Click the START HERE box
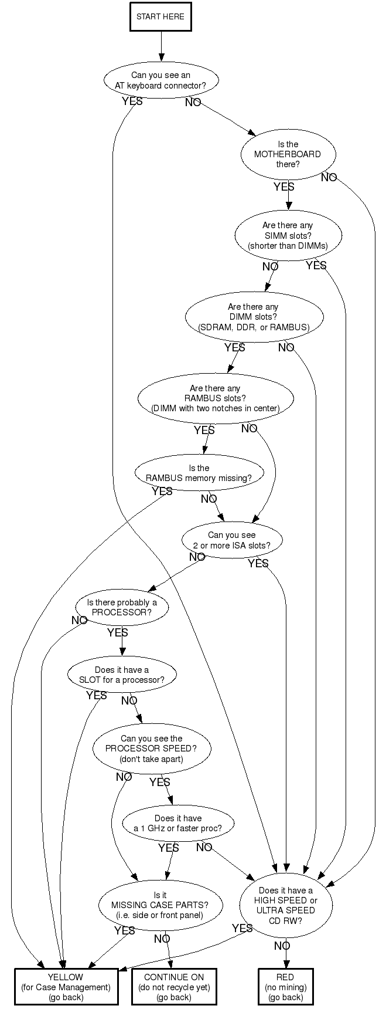[x=160, y=17]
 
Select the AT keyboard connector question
[x=160, y=80]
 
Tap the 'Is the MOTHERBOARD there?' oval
[x=288, y=154]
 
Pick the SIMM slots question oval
[x=288, y=235]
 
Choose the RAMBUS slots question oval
[x=215, y=398]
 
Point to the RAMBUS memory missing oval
[x=199, y=473]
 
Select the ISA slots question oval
[x=232, y=540]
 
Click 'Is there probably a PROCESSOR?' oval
[x=122, y=607]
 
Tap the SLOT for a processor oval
[x=122, y=675]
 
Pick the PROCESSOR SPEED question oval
[x=151, y=749]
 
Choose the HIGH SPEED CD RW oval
[x=285, y=905]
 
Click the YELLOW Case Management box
[x=66, y=987]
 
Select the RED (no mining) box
[x=285, y=987]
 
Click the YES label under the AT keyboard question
[x=132, y=101]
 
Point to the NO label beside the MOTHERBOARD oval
[x=329, y=177]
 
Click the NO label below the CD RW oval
[x=282, y=946]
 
